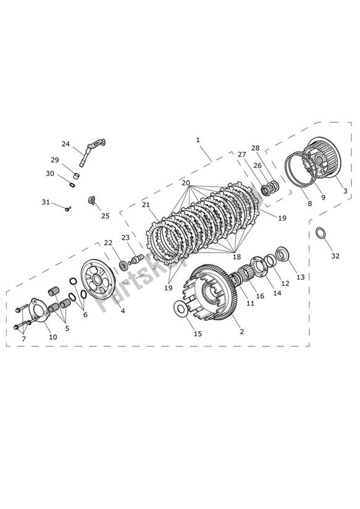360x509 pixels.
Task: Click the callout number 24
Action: [65, 144]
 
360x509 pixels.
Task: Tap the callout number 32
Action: [335, 256]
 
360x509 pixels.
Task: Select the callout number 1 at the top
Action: [198, 140]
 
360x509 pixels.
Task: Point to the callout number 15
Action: [198, 334]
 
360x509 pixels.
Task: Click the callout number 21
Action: [146, 204]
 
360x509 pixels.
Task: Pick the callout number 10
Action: [53, 337]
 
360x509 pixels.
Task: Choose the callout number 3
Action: [344, 192]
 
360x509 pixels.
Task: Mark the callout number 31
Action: [46, 202]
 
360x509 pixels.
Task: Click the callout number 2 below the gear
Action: [241, 332]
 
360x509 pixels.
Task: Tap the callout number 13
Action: [300, 277]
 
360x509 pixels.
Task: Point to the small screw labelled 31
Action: [68, 208]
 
